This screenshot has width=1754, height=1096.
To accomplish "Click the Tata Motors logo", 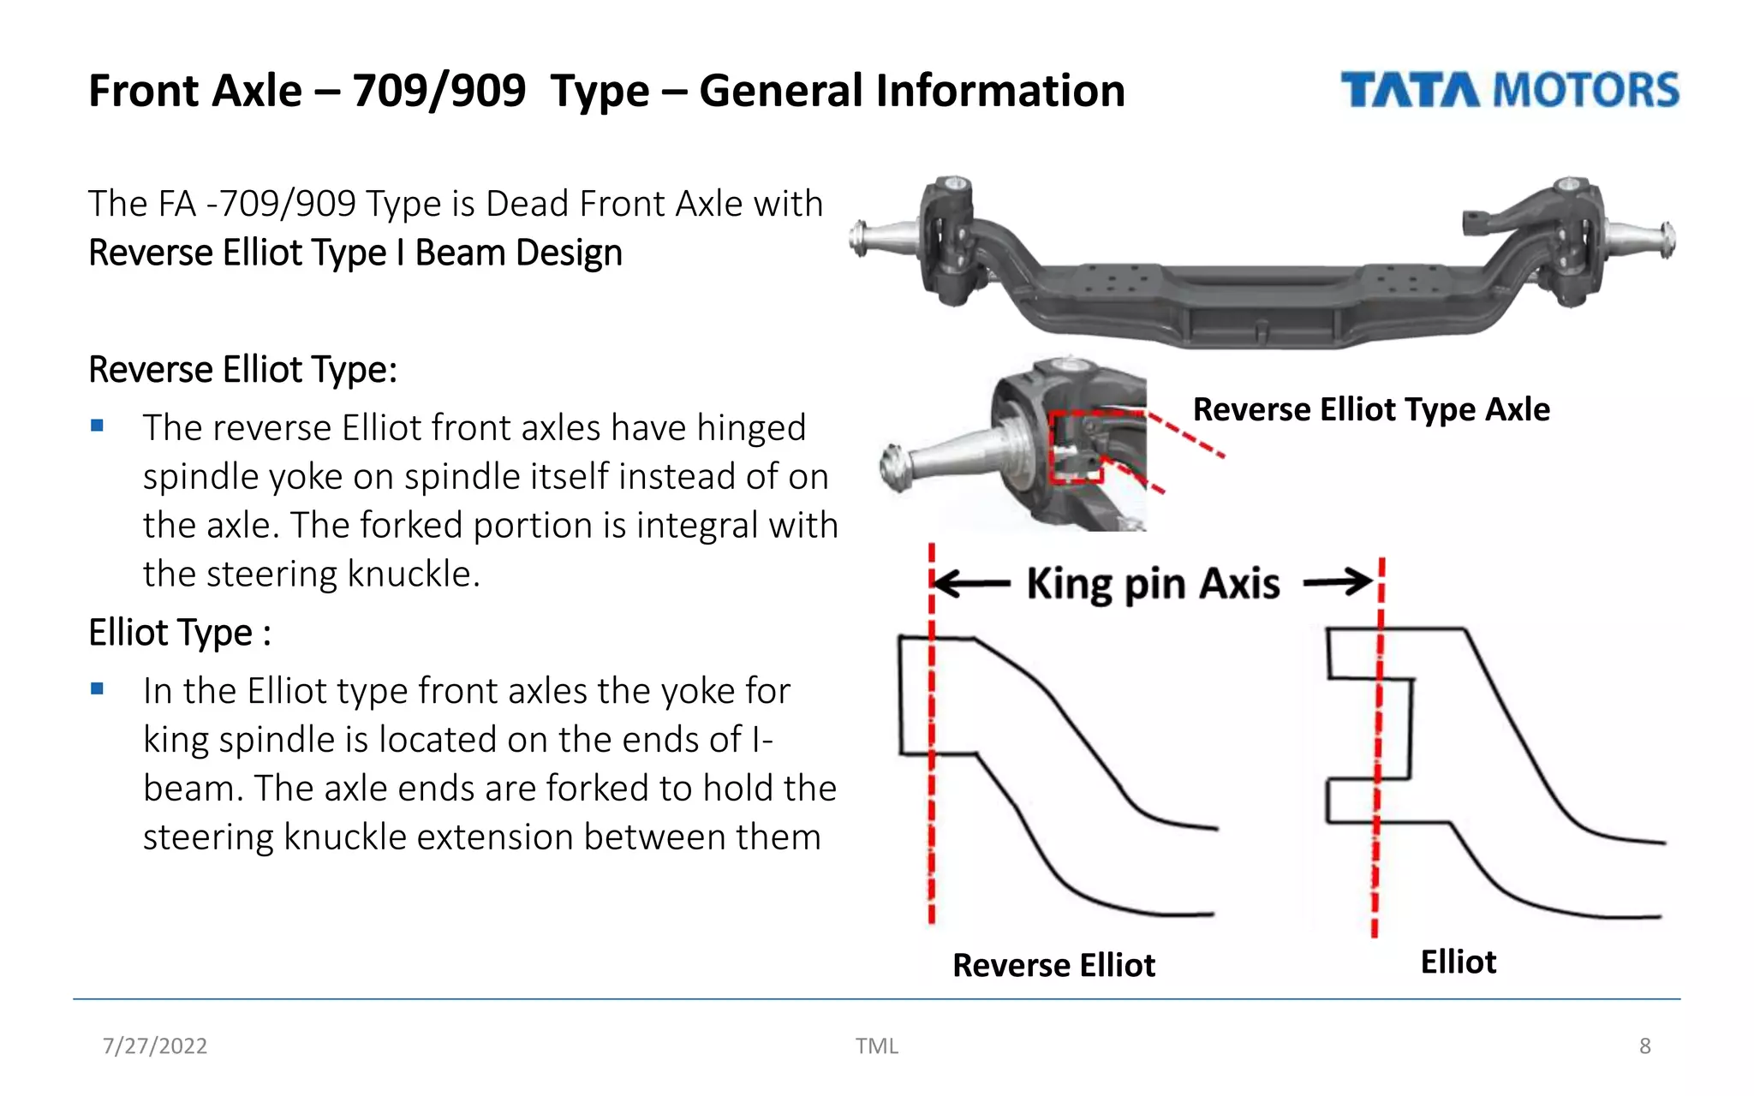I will [x=1509, y=90].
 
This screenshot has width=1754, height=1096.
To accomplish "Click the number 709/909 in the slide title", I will [x=438, y=91].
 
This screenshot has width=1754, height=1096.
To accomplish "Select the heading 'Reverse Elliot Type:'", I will [x=242, y=370].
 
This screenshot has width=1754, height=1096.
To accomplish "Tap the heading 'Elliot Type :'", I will [x=180, y=633].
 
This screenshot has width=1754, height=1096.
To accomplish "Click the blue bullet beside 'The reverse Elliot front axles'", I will [x=98, y=426].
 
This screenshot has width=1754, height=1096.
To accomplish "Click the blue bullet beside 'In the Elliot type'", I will [x=98, y=688].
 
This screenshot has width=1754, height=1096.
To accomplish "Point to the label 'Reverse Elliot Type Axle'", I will [x=1370, y=409].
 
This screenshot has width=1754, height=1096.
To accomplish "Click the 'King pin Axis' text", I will [x=1153, y=584].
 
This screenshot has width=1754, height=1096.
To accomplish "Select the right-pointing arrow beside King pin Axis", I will [x=1338, y=582].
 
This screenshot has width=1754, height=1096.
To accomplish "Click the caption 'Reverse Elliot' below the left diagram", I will [x=1053, y=965].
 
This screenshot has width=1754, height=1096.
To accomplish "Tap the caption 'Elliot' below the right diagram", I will [x=1458, y=962].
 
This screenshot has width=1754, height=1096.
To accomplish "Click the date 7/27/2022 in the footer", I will [x=155, y=1045].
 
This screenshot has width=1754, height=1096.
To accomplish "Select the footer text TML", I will [x=876, y=1045].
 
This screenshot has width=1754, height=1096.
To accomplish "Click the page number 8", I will [x=1644, y=1045].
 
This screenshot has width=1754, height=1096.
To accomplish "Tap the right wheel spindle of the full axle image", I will [x=1640, y=239].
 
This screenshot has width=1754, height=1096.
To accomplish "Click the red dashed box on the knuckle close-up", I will [x=1076, y=447].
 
